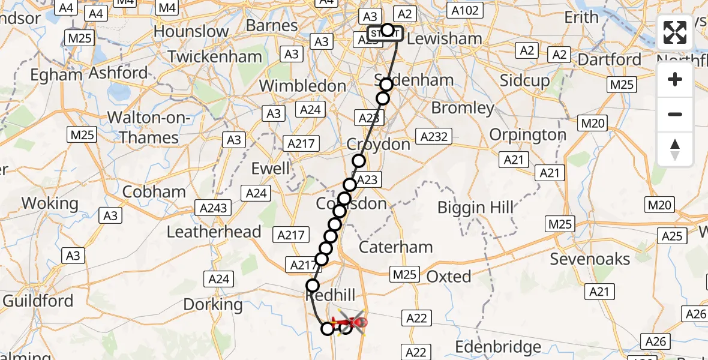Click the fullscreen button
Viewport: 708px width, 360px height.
click(675, 33)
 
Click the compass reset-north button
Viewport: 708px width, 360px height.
click(675, 149)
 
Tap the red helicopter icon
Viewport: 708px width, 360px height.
click(352, 323)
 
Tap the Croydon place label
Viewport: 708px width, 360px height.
click(379, 145)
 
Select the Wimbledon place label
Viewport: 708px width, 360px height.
click(302, 86)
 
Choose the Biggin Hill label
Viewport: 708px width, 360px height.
click(476, 208)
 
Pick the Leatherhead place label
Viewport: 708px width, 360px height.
click(214, 232)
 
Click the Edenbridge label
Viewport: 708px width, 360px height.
click(498, 347)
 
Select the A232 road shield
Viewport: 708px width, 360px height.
click(434, 137)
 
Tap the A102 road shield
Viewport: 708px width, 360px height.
click(466, 11)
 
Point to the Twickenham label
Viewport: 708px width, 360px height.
click(215, 57)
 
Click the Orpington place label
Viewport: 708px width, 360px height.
click(528, 134)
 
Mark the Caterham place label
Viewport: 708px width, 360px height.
click(395, 247)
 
